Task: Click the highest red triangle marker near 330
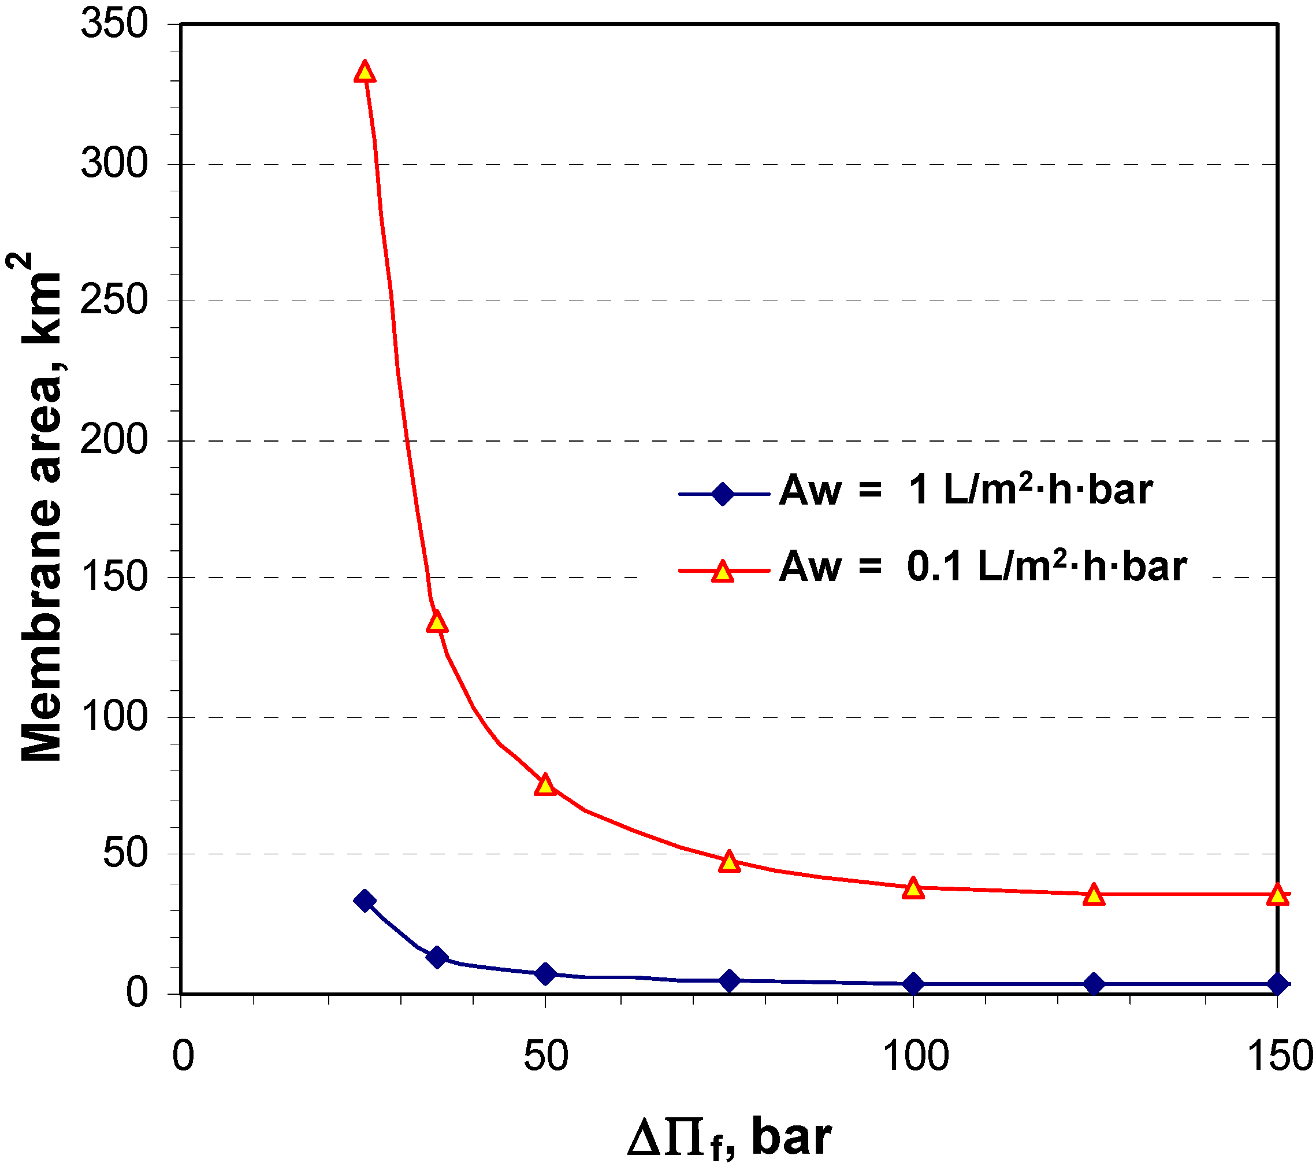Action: pyautogui.click(x=365, y=72)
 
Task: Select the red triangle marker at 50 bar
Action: pyautogui.click(x=545, y=785)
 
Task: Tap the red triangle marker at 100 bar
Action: pyautogui.click(x=913, y=889)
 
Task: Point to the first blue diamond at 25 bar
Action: pyautogui.click(x=365, y=901)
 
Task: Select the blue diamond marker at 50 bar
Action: pyautogui.click(x=545, y=973)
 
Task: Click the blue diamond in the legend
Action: pyautogui.click(x=723, y=494)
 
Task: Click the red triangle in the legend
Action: pyautogui.click(x=723, y=571)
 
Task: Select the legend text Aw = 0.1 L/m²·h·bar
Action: pyautogui.click(x=983, y=568)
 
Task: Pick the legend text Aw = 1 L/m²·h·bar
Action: pyautogui.click(x=966, y=490)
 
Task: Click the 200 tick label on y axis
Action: pyautogui.click(x=114, y=440)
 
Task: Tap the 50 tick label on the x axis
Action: pyautogui.click(x=546, y=1057)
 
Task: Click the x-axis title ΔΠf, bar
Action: pyautogui.click(x=729, y=1138)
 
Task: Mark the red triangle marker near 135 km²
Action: pyautogui.click(x=437, y=623)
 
